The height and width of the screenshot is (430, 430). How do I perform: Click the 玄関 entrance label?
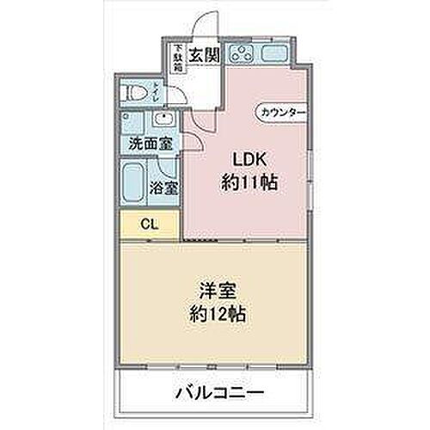point(204,54)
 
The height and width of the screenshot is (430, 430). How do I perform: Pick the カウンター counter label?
point(282,112)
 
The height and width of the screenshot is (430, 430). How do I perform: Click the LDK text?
point(246,159)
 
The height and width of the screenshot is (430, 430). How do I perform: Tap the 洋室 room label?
point(210,292)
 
